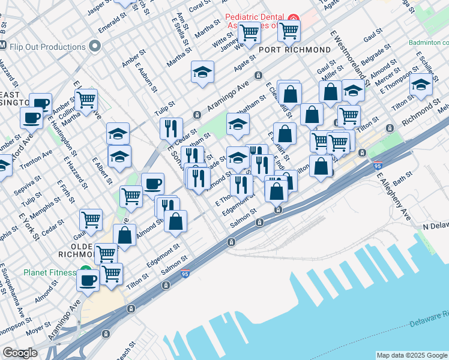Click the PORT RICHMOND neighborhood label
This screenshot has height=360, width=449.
296,49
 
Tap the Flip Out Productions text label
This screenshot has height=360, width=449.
47,47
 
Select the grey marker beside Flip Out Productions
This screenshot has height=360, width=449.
94,46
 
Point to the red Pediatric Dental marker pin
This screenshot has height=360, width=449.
293,17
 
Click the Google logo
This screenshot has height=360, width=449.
19,353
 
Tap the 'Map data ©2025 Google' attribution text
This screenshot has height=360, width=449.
412,355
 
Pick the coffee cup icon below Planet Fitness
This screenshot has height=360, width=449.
88,280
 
